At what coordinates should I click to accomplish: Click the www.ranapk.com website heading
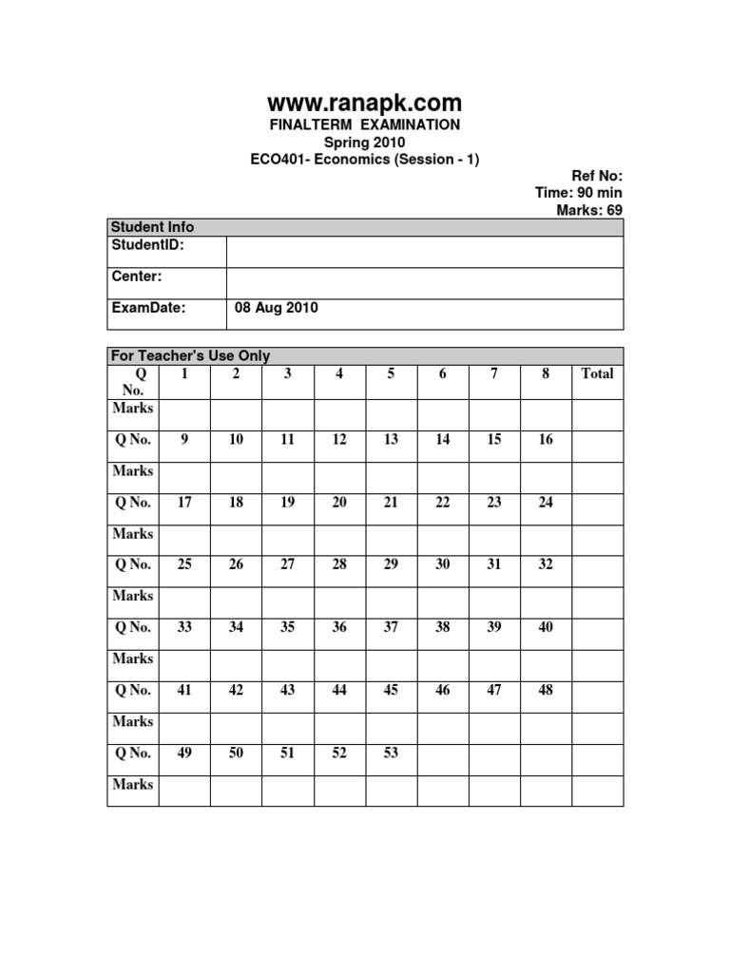click(364, 102)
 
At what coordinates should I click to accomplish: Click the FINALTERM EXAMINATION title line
click(364, 124)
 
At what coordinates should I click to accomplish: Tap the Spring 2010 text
click(364, 143)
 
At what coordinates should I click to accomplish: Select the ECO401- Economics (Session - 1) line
click(364, 160)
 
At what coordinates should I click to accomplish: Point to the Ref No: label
click(596, 176)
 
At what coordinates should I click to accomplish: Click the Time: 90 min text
click(579, 193)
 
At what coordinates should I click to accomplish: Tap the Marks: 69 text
click(589, 210)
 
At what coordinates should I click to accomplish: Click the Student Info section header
click(152, 227)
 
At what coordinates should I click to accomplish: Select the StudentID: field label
click(147, 245)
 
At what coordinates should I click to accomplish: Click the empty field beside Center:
click(424, 283)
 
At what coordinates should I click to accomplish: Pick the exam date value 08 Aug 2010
click(276, 308)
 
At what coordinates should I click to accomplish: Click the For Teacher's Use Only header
click(191, 356)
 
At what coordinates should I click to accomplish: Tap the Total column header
click(597, 374)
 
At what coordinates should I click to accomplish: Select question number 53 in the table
click(391, 754)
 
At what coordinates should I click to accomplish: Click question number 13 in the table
click(391, 440)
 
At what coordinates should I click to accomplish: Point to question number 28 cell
click(339, 564)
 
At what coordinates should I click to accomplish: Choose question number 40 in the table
click(546, 627)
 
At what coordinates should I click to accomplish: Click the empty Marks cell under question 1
click(184, 414)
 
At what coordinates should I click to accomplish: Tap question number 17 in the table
click(184, 503)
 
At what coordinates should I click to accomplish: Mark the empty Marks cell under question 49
click(184, 791)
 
